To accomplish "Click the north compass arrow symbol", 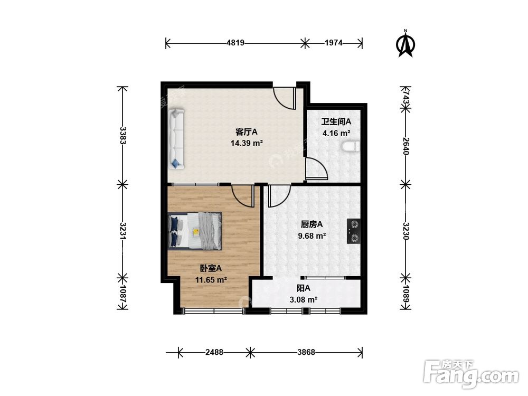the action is (x=406, y=44).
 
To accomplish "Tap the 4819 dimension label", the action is (x=235, y=43).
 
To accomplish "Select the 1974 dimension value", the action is (x=334, y=43).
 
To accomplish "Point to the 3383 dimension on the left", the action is (x=122, y=135).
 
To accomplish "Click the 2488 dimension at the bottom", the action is (x=214, y=352).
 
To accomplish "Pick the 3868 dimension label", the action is (x=306, y=352).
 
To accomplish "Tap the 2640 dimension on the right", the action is (x=406, y=146).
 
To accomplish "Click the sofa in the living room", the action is (x=176, y=139).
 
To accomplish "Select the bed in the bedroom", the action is (x=195, y=231).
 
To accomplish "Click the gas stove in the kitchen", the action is (x=354, y=231).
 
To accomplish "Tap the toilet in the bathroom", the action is (x=351, y=146).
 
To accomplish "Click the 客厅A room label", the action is (x=246, y=131).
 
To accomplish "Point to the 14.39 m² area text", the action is (x=247, y=143).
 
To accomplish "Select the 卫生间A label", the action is (x=336, y=121).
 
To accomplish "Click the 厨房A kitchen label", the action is (x=312, y=224).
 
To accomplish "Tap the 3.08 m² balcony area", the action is (x=304, y=299).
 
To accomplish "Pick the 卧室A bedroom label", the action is (x=211, y=268).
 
